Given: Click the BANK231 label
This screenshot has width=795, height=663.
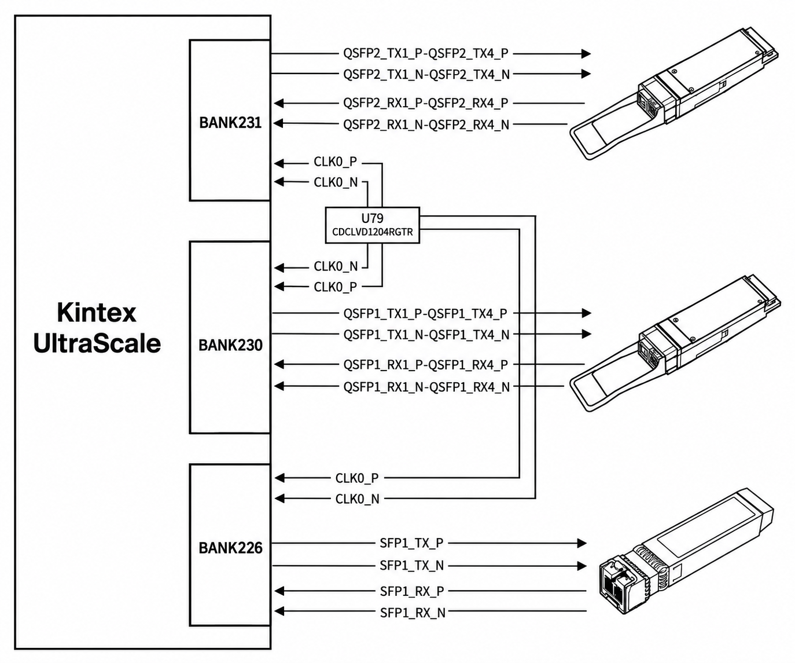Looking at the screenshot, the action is coord(230,123).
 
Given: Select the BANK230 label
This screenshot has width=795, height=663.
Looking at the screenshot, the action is coord(230,345).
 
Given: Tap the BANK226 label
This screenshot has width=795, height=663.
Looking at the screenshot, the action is coord(230,548).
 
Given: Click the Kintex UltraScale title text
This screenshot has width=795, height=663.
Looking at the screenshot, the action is coord(97,328).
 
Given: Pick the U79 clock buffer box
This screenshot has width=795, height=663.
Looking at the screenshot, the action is coord(373,225).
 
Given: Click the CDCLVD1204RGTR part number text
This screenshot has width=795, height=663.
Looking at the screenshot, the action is coord(373,232).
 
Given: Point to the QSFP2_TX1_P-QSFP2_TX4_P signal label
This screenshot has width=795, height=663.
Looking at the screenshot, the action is coord(426,54).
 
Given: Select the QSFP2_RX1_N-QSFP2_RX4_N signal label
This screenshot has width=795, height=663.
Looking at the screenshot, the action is coord(426,124).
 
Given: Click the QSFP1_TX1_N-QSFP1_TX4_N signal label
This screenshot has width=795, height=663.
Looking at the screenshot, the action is coord(426,335).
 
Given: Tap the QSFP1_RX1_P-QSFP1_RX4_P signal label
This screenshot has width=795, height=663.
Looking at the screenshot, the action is coord(426,365).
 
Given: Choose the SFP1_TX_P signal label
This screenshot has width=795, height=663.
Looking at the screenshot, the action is coord(411,543).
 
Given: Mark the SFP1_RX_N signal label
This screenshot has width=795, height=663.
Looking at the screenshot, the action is coord(413,613).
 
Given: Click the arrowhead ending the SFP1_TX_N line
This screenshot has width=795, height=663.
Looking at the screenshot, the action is coord(581,566).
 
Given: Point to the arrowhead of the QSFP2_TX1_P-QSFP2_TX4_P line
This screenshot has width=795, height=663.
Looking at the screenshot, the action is coord(586,54).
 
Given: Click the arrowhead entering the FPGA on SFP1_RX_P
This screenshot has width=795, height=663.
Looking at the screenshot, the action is coord(279,591).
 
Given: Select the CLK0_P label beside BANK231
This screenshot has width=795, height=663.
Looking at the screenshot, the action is coord(336,162).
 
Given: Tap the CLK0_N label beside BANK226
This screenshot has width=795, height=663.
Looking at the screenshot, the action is coord(357,499).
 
